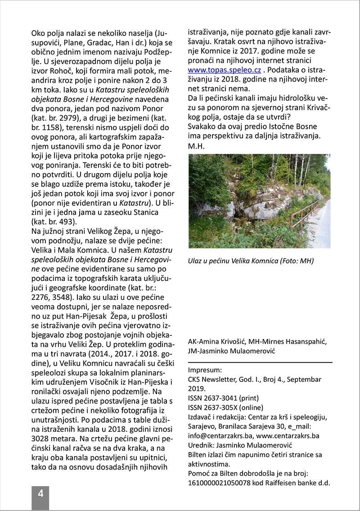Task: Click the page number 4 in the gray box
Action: coord(40,493)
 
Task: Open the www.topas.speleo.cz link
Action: coord(224,70)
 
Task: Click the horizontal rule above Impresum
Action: coord(260,362)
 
